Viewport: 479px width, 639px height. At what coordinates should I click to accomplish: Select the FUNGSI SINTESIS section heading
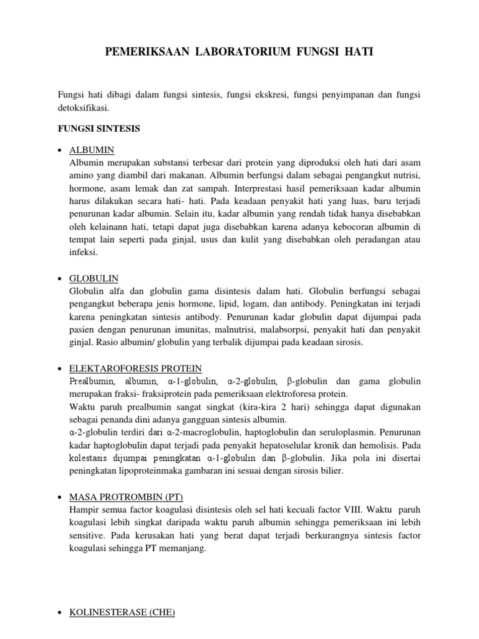(99, 129)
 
